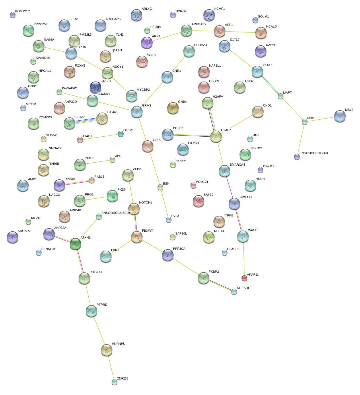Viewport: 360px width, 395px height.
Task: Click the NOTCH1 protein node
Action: click(x=134, y=209)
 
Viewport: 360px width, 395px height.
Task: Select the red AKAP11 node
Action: click(x=244, y=278)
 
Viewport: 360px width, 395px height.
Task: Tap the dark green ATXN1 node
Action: click(x=75, y=244)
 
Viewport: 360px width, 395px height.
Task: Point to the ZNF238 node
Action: click(x=114, y=382)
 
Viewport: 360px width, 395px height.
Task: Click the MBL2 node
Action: click(x=340, y=116)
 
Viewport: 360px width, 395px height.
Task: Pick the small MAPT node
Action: click(x=281, y=96)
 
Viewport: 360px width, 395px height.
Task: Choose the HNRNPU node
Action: click(x=107, y=350)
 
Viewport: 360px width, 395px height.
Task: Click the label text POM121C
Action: click(x=22, y=11)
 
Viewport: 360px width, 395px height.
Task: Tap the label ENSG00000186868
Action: click(x=313, y=153)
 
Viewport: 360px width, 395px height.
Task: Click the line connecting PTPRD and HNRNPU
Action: click(x=99, y=330)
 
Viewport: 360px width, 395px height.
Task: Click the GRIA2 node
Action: click(x=148, y=146)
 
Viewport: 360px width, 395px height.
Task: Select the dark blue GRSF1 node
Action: click(x=96, y=88)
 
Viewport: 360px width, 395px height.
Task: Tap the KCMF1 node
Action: click(x=209, y=15)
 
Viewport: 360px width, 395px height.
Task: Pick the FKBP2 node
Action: click(x=204, y=278)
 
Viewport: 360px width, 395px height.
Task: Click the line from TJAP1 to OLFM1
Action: click(x=100, y=137)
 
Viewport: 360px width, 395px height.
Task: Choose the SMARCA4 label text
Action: click(x=237, y=165)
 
